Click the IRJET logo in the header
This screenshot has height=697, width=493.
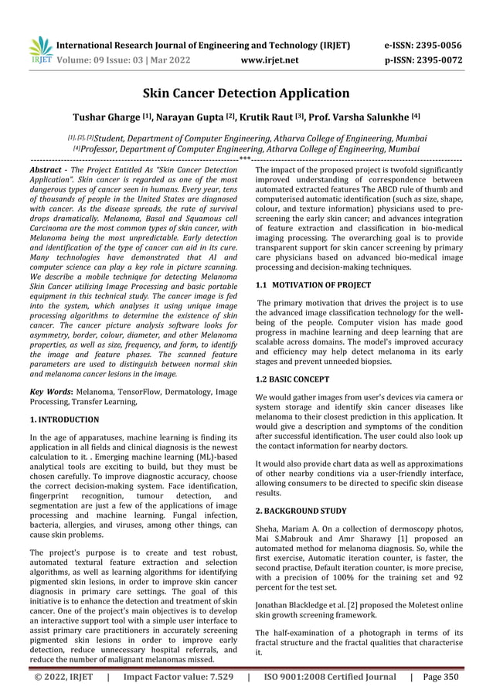click(x=39, y=50)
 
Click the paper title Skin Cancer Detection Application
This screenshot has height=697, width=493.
click(x=246, y=94)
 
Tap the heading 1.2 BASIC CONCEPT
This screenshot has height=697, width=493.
click(x=293, y=379)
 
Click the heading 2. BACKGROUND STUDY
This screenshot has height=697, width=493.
click(x=301, y=510)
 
